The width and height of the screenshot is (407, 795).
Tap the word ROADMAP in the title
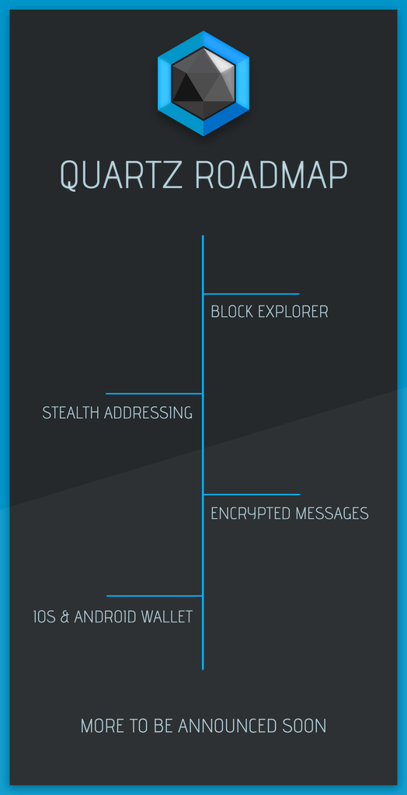[x=270, y=175]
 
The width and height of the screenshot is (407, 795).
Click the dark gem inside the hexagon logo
[x=203, y=84]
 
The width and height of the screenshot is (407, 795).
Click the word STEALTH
[x=71, y=413]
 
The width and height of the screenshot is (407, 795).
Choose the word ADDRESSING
[x=148, y=413]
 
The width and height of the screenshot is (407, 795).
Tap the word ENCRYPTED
[x=250, y=514]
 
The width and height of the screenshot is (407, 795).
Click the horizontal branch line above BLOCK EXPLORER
[x=252, y=294]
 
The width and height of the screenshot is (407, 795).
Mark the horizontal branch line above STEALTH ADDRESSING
[x=154, y=393]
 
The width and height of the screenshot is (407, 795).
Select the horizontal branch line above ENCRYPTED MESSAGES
[x=252, y=494]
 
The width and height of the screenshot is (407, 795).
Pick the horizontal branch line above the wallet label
[x=155, y=596]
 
